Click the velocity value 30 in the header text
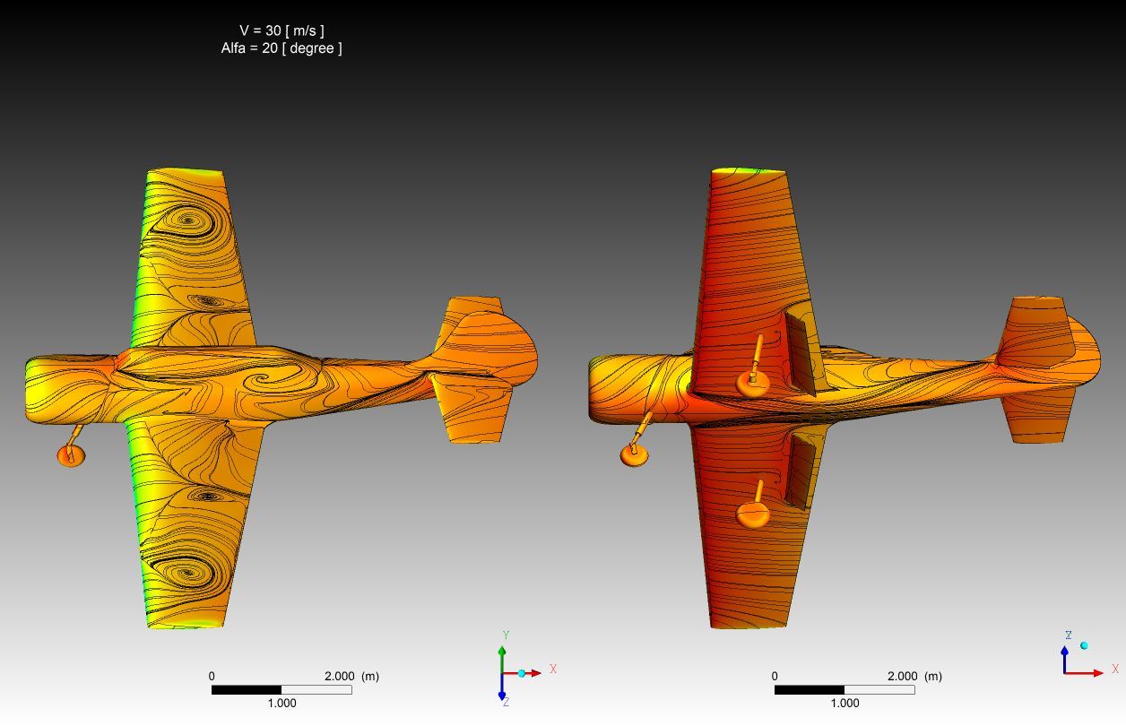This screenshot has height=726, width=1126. [x=273, y=30]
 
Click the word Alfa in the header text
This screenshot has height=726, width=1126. [x=233, y=48]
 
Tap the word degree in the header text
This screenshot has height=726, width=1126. [x=312, y=48]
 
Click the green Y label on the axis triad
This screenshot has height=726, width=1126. [x=507, y=635]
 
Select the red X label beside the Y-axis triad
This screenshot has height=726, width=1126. [x=553, y=669]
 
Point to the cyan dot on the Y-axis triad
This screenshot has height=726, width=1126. [x=522, y=673]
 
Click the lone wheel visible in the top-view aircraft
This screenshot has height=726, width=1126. [x=71, y=456]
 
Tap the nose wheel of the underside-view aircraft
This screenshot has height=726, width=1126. [x=635, y=455]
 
